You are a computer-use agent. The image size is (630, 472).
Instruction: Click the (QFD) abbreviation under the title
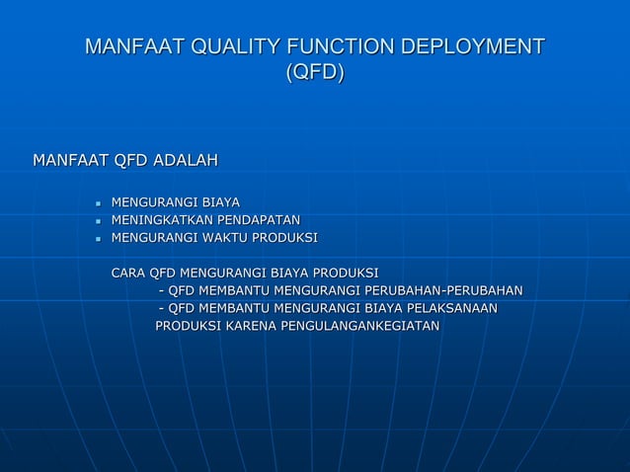tap(314, 73)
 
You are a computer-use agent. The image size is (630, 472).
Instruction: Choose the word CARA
tap(127, 273)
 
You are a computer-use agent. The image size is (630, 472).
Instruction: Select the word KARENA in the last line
tap(252, 326)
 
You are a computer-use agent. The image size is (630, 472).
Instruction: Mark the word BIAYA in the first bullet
tap(220, 202)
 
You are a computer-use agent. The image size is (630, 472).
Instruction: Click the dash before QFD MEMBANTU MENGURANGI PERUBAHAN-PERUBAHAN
tap(161, 290)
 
